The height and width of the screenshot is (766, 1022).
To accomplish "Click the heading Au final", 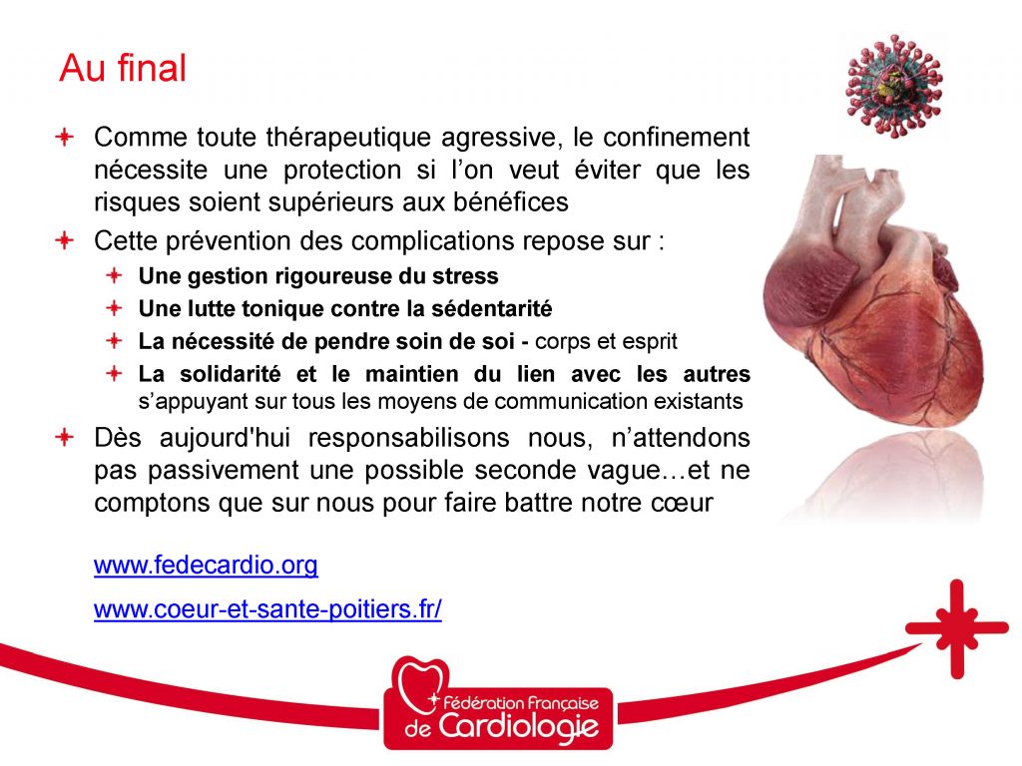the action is [123, 68].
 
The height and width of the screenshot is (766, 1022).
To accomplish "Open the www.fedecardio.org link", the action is [206, 565].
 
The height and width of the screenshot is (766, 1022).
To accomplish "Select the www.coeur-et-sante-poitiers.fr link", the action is [267, 609].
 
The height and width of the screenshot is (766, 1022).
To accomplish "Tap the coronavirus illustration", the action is [893, 86].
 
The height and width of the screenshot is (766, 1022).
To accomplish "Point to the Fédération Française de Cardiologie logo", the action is [498, 703].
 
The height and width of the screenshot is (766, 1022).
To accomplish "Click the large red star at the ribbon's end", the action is [957, 628].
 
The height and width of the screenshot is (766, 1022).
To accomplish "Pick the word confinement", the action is [676, 138].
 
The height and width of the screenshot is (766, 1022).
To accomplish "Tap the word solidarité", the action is [231, 374].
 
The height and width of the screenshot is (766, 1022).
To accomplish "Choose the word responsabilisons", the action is [408, 438].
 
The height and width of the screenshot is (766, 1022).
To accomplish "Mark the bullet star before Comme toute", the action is [65, 137].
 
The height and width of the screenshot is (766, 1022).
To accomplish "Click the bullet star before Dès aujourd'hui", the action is [65, 437].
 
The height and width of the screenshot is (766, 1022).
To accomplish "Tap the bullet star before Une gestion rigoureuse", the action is [114, 275].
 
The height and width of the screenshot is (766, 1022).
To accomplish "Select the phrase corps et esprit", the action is [606, 342].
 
